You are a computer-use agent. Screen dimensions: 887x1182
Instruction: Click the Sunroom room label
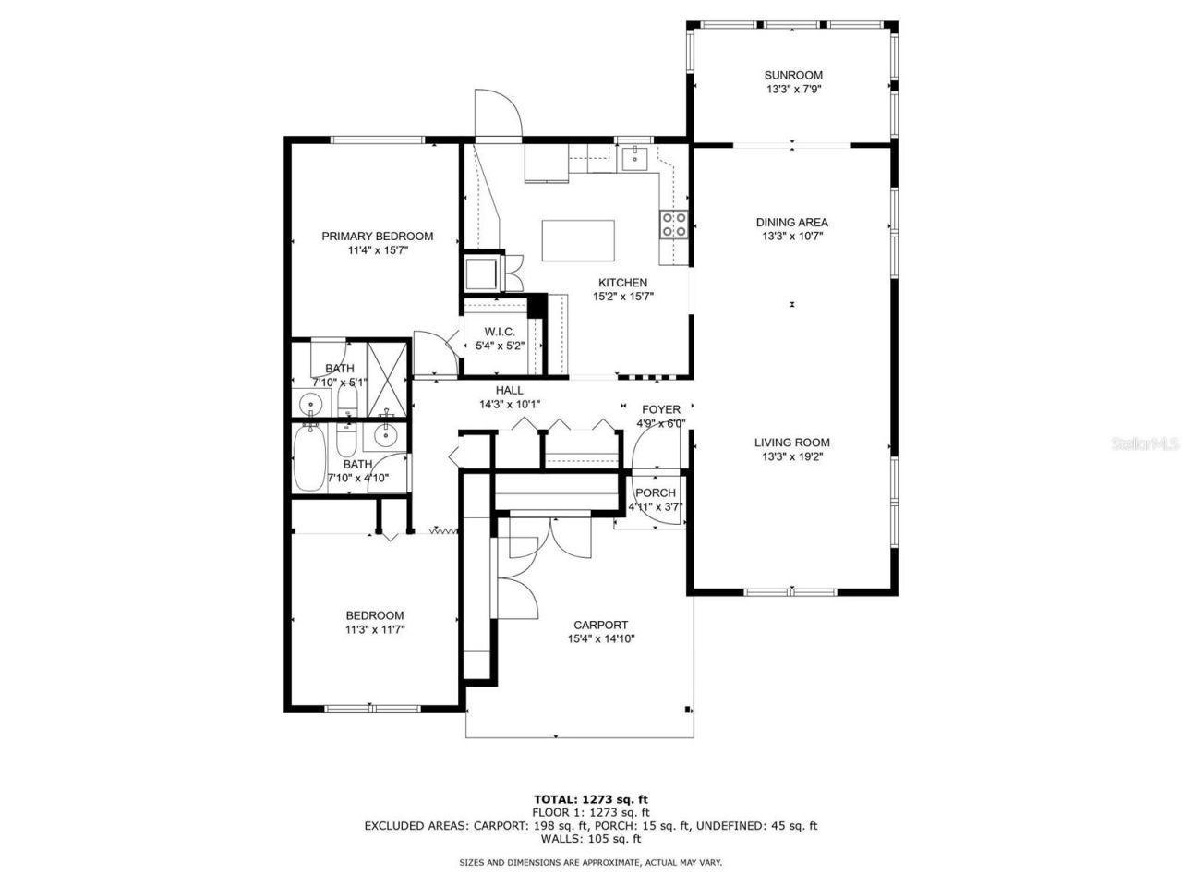coord(792,75)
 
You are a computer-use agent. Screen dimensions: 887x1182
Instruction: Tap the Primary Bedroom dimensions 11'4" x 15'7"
coord(377,250)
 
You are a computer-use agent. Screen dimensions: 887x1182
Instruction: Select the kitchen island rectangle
coord(578,240)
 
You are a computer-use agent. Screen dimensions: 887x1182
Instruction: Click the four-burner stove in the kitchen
coord(672,224)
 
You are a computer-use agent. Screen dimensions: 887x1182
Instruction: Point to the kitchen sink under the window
coord(634,159)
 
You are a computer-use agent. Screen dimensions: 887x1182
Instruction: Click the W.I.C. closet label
coord(500,332)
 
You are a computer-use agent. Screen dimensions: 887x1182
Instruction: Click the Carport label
coord(600,625)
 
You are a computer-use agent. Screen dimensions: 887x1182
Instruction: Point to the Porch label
coord(655,492)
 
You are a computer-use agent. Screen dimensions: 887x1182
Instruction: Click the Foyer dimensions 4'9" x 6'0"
coord(660,424)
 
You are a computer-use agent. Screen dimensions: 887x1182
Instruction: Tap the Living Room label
coord(792,442)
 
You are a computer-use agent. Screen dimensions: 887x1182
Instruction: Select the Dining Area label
coord(792,222)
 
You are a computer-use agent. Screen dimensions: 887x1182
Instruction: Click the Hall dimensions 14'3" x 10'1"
coord(509,404)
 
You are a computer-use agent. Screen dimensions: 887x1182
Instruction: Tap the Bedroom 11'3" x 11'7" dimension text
coord(374,629)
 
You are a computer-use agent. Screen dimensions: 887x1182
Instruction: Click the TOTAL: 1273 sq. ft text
coord(590,799)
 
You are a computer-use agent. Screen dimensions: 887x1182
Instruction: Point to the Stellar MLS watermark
coord(1144,444)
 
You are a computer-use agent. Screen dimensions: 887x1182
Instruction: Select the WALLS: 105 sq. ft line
coord(590,839)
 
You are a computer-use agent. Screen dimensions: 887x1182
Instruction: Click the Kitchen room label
coord(622,283)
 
